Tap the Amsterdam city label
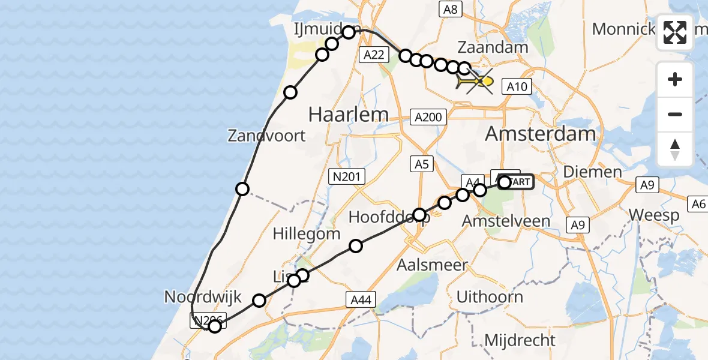tap(540, 133)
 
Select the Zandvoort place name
tap(266, 136)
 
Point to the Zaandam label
tap(493, 47)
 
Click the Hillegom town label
tap(307, 233)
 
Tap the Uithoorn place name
tap(490, 296)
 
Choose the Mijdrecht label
tap(520, 340)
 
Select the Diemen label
tap(592, 172)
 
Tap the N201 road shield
tap(347, 176)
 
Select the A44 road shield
tap(361, 299)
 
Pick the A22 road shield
tap(373, 55)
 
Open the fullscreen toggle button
tap(675, 32)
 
